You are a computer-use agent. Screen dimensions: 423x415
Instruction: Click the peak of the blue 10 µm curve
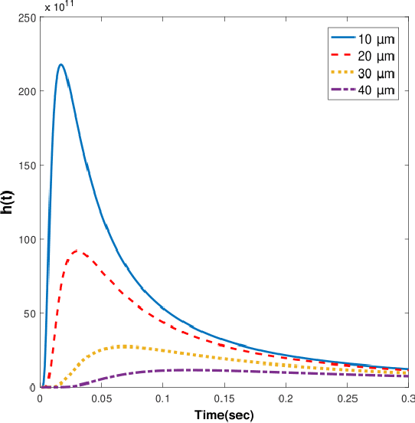point(60,65)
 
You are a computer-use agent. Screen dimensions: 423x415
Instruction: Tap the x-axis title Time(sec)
point(224,415)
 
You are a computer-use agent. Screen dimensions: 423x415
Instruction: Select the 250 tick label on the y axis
point(26,18)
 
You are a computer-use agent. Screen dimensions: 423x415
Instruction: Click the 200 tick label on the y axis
point(26,91)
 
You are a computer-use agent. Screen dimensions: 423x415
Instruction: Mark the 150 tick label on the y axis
point(26,166)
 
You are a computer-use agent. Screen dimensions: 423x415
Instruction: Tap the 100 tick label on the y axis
point(26,239)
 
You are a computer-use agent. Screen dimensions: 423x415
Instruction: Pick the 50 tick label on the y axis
point(29,313)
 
